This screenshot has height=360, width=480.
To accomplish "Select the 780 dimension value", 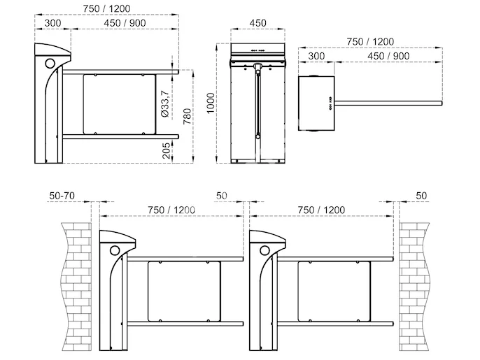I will click(187, 115).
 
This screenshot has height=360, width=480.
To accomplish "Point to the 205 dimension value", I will click(187, 152).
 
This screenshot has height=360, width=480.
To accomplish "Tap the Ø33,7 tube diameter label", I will click(164, 103).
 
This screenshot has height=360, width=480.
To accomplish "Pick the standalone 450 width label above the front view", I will click(258, 22).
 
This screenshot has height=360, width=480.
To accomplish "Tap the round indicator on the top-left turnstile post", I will click(50, 63).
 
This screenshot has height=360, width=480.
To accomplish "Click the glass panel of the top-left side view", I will click(118, 103).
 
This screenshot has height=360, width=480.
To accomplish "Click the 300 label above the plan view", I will click(316, 56).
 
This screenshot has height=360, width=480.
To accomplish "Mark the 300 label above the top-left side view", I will click(52, 22).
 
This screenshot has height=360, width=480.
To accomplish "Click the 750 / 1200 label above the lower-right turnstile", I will click(321, 210).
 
